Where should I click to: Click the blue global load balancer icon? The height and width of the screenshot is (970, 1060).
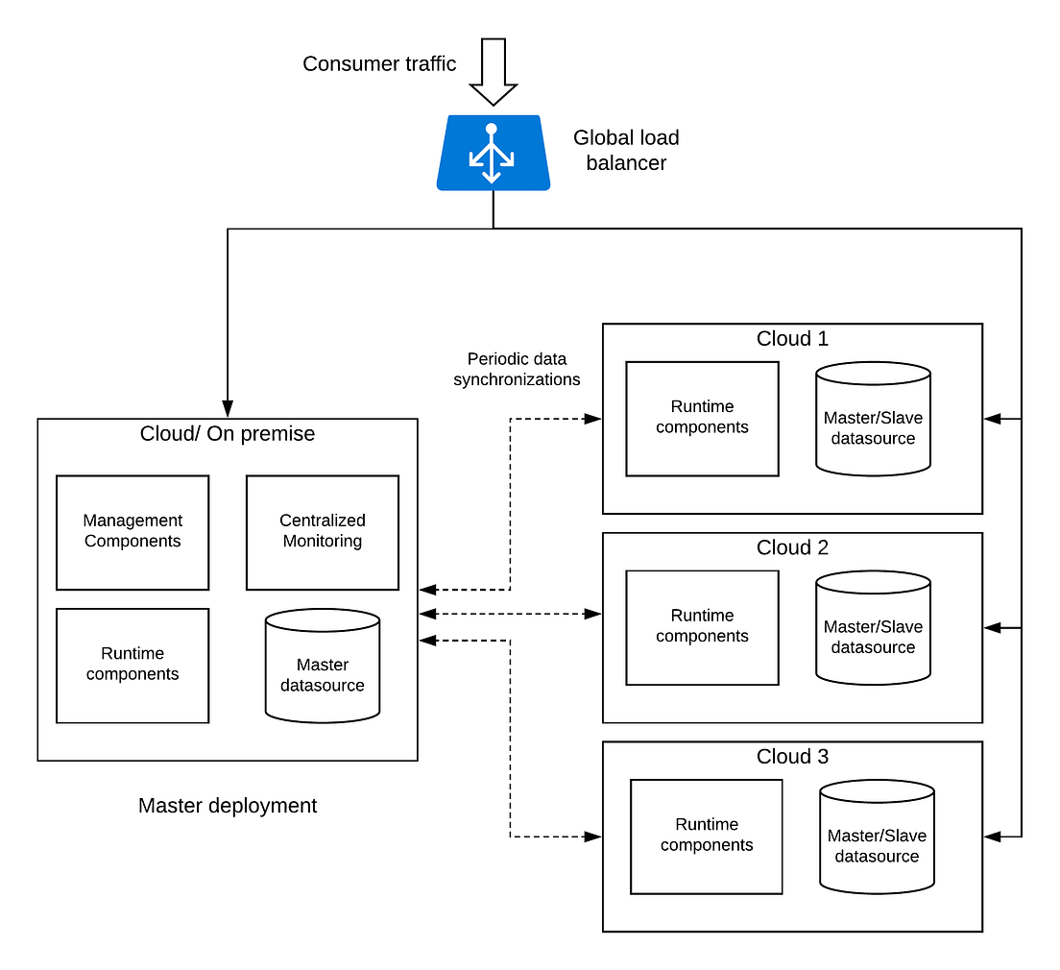coord(493,152)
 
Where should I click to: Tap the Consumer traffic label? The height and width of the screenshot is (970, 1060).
coord(379,63)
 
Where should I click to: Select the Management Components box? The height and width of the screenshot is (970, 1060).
coord(132,532)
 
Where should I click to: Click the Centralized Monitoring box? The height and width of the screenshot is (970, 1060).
coord(322,532)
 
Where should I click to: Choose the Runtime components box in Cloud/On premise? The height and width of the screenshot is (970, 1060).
coord(132,665)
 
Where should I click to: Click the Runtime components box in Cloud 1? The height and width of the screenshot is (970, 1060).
coord(702,419)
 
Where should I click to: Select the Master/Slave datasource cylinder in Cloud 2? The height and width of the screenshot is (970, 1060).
coord(873,628)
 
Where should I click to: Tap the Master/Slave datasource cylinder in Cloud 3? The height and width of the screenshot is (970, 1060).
coord(877,837)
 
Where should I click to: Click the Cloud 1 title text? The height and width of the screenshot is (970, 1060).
coord(792,338)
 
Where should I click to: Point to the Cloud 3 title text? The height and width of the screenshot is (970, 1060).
coord(792,757)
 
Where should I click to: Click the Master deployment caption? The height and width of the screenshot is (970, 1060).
coord(228,806)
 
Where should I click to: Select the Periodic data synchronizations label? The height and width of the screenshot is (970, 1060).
coord(517,369)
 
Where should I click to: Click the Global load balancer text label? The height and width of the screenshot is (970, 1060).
coord(626,151)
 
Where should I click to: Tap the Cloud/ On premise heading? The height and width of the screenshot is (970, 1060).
coord(228,434)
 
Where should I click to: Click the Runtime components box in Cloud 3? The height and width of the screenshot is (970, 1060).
coord(707,836)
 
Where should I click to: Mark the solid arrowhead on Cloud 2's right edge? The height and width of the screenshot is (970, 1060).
coord(993,627)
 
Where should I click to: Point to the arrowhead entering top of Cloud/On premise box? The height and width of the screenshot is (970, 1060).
coord(228,409)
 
